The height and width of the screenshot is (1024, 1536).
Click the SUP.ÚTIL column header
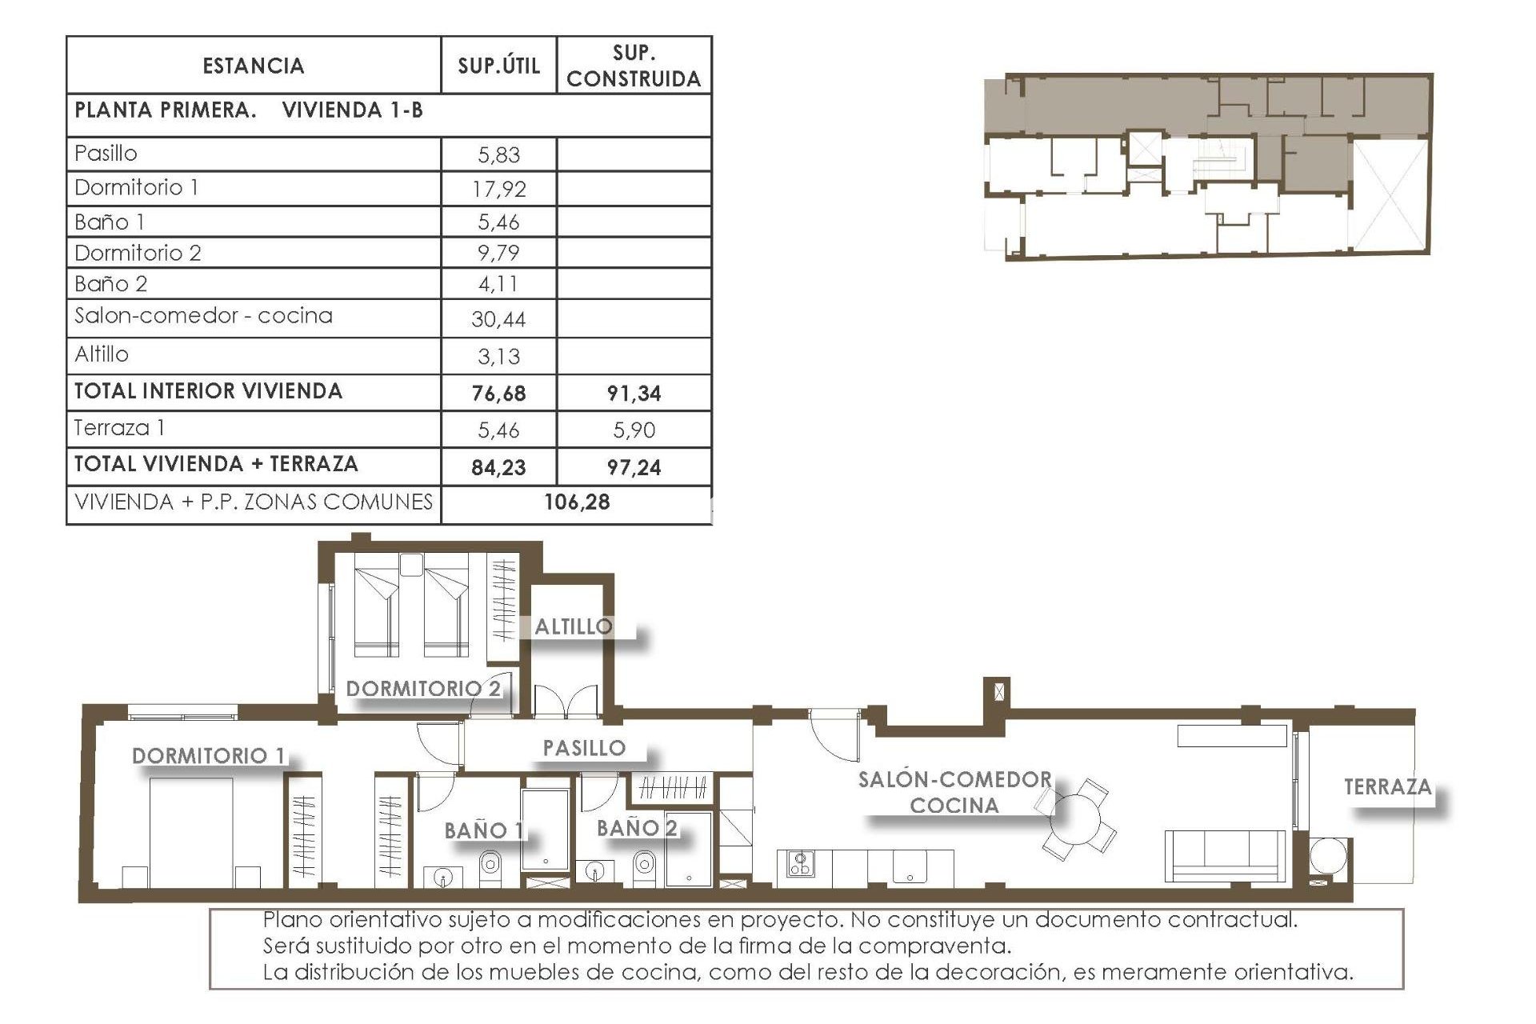[x=498, y=66]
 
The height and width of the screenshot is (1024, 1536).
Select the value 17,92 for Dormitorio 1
[x=498, y=190]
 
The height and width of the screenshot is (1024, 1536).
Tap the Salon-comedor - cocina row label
[x=203, y=316]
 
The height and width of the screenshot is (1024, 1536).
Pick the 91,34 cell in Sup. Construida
[x=634, y=394]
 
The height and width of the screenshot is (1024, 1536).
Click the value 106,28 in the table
[x=577, y=502]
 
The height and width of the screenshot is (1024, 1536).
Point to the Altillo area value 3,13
[x=498, y=357]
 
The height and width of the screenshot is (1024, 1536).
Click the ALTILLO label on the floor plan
[x=574, y=627]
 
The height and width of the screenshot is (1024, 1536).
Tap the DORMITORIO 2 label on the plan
[x=423, y=689]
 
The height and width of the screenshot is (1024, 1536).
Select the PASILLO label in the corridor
[x=584, y=749]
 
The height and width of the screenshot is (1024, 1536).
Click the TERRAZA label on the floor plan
[x=1387, y=787]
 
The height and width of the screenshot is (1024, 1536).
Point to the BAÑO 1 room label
[x=484, y=831]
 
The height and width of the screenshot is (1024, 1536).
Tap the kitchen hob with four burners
[x=799, y=863]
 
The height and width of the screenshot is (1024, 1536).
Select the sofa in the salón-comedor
[x=1225, y=857]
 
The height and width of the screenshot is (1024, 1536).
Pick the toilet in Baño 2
[x=644, y=864]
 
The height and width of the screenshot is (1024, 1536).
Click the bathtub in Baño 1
[x=546, y=830]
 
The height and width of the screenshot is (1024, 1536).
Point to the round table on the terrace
[x=1328, y=857]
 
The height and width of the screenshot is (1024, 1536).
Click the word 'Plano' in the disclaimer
[x=291, y=920]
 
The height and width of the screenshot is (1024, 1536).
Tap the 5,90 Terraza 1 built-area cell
[x=634, y=430]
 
